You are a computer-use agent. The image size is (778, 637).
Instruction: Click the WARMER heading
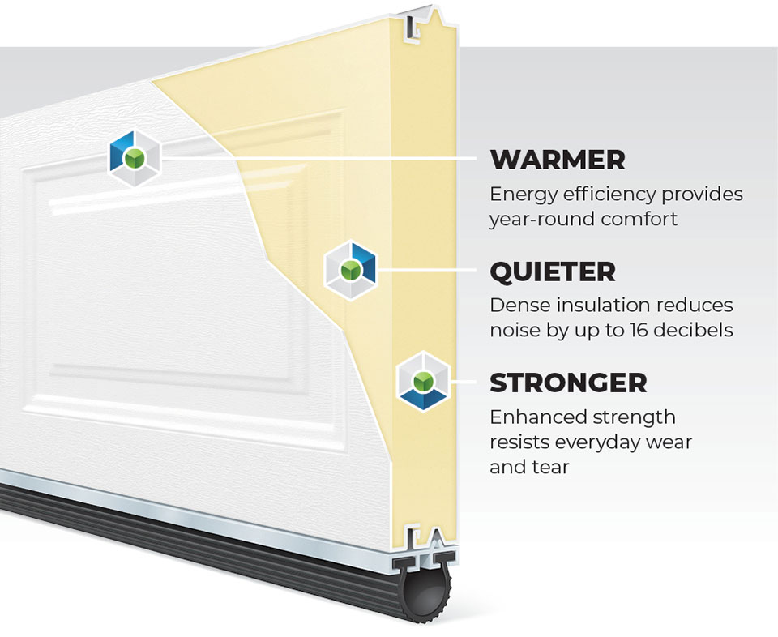pos(557,160)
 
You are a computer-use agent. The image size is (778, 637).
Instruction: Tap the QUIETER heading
pos(552,271)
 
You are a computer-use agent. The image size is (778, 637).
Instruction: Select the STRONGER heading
pos(568,383)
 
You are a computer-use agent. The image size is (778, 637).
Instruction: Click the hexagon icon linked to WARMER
pos(135,157)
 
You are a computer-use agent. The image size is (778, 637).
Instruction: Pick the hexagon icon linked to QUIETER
pos(351,270)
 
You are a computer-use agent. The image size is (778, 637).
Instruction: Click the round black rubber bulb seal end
pos(426,596)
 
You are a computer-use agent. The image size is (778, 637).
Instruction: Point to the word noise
pos(514,330)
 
